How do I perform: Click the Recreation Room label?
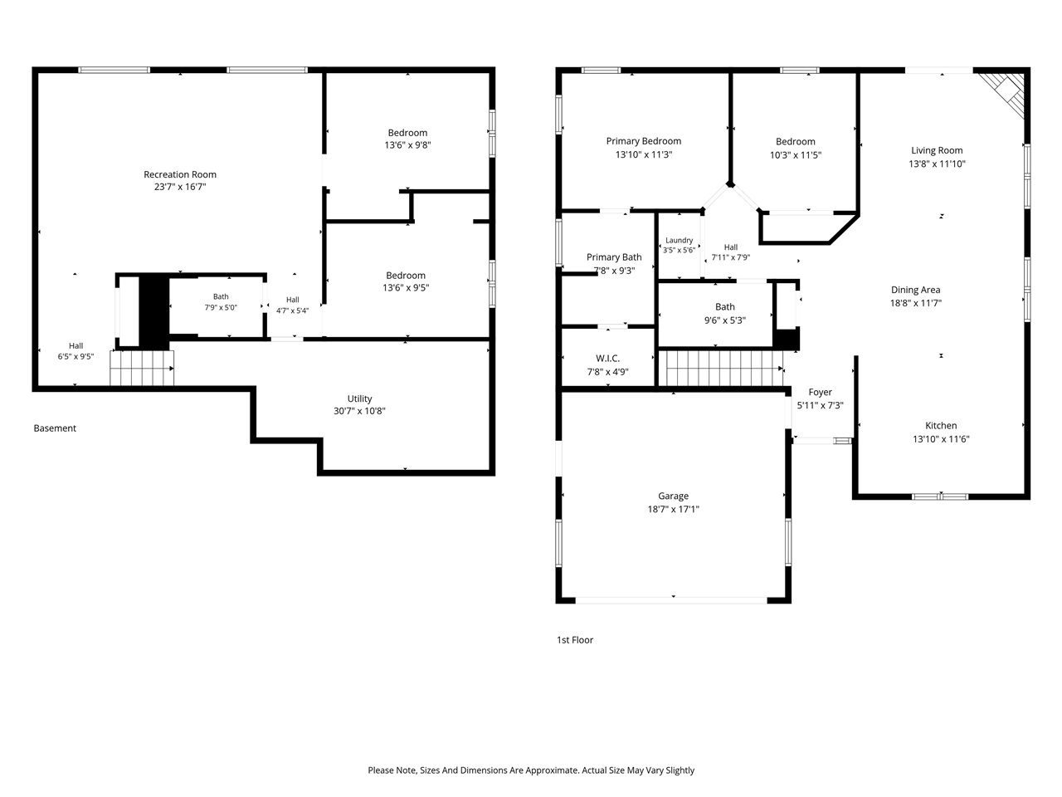tap(180, 174)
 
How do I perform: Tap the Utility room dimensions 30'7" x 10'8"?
tap(359, 411)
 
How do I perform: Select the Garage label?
tap(673, 496)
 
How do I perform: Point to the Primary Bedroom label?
tap(644, 141)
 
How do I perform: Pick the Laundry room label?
tap(679, 240)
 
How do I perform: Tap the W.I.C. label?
tap(607, 358)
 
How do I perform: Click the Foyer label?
tap(820, 392)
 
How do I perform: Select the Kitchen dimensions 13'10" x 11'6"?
tap(941, 439)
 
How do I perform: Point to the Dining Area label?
tap(915, 290)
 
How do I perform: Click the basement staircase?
tap(142, 369)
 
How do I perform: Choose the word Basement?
tap(55, 428)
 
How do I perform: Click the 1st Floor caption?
tap(575, 640)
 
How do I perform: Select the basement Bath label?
tap(221, 296)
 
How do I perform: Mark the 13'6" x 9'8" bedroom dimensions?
tap(407, 144)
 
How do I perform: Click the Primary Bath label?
tap(614, 257)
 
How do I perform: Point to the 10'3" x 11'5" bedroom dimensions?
tap(796, 155)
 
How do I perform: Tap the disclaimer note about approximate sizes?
tap(531, 770)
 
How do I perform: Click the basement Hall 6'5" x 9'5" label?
tap(76, 351)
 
